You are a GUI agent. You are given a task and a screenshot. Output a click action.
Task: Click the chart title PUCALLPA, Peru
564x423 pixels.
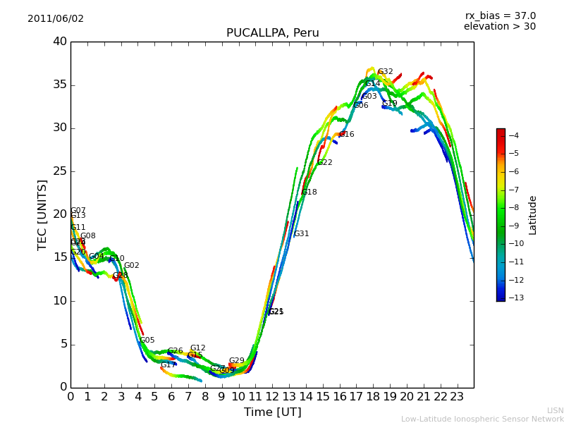[x=272, y=33]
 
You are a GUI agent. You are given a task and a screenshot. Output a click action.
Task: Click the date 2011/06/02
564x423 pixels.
[x=56, y=19]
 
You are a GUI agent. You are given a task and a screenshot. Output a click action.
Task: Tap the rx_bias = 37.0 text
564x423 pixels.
[x=500, y=16]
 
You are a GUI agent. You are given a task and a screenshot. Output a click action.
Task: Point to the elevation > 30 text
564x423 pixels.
[x=499, y=27]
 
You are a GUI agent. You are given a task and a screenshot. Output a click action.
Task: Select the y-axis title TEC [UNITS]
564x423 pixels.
[x=42, y=214]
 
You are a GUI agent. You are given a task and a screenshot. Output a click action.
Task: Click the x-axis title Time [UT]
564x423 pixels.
[x=272, y=412]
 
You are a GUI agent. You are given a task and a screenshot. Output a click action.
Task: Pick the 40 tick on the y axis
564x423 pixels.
[x=59, y=42]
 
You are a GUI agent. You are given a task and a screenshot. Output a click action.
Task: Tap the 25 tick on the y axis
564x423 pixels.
[x=59, y=171]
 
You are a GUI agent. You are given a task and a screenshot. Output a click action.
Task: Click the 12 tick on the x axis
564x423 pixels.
[x=272, y=397]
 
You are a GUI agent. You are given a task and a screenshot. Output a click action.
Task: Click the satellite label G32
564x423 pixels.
[x=386, y=72]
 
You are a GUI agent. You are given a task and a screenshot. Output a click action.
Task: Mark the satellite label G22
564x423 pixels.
[x=324, y=163]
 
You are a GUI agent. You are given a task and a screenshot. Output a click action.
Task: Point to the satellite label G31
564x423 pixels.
[x=301, y=234]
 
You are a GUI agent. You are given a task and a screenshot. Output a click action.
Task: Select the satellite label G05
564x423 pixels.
[x=147, y=341]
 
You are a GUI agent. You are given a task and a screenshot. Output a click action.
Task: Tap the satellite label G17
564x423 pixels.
[x=168, y=365]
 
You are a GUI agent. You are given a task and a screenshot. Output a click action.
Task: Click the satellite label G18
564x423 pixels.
[x=309, y=192]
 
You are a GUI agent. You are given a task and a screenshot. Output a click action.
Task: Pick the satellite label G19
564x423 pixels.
[x=390, y=104]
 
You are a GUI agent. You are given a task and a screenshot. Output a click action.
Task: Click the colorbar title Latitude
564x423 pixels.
[x=533, y=215]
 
